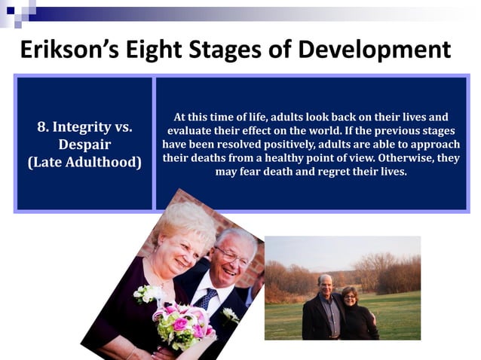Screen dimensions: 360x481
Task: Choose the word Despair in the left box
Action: (x=85, y=144)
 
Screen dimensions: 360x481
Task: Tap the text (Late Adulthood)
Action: (x=85, y=161)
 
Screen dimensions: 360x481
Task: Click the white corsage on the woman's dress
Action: (x=147, y=292)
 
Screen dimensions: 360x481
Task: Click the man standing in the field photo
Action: (x=320, y=309)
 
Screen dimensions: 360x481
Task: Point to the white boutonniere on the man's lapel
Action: (x=231, y=315)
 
